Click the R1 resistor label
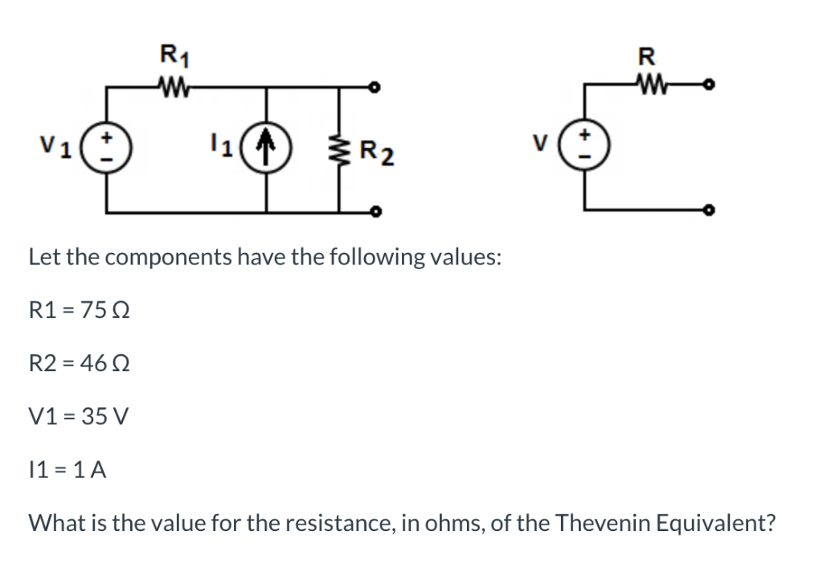point(170,57)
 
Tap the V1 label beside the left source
point(55,147)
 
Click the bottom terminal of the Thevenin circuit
point(709,212)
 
